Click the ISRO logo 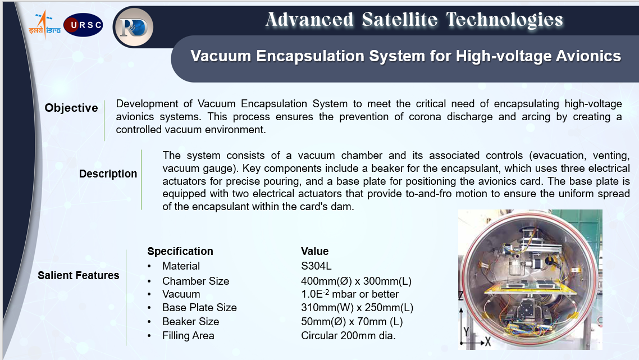44,25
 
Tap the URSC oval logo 83,25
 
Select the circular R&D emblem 133,27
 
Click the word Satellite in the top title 400,20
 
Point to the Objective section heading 71,108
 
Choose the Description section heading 108,174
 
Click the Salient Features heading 79,275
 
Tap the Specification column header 180,251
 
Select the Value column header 314,251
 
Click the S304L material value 316,266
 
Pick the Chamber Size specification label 195,281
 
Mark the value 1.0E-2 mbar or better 350,294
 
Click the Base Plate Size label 199,307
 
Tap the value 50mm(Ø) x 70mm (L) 352,322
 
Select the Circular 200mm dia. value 349,335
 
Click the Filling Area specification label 188,335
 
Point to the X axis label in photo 487,342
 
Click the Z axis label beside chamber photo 461,295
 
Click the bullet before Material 149,266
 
